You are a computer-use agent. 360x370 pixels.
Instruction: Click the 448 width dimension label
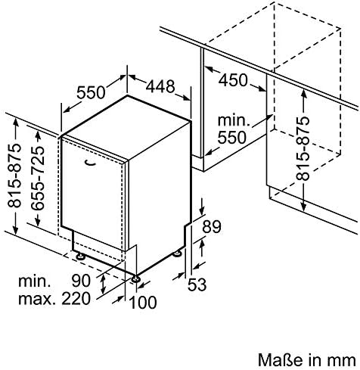click(160, 86)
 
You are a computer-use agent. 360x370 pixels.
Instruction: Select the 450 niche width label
click(233, 80)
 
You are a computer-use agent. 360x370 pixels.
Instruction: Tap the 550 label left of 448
click(91, 92)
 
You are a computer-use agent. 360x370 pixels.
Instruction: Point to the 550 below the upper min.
click(231, 138)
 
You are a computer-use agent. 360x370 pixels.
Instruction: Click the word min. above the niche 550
click(234, 120)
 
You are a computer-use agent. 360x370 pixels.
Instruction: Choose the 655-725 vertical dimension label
click(38, 178)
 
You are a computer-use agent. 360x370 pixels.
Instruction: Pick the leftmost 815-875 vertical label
click(14, 176)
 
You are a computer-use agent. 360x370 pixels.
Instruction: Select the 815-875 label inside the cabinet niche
click(303, 148)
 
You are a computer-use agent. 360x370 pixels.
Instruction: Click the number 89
click(212, 226)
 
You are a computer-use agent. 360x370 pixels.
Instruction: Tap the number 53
click(197, 284)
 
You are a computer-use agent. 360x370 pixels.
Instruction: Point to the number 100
click(143, 302)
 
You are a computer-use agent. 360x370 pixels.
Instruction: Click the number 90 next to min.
click(81, 281)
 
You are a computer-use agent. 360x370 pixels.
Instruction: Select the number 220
click(76, 298)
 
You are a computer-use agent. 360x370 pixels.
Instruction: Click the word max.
click(37, 299)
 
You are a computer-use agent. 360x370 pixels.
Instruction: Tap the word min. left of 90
click(35, 281)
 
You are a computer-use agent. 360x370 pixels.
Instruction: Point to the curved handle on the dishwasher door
click(90, 163)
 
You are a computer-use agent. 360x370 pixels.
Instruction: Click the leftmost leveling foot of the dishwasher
click(81, 257)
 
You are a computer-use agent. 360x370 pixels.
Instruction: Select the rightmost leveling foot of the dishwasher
click(177, 253)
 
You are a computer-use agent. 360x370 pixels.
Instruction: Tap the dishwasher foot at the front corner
click(135, 278)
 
